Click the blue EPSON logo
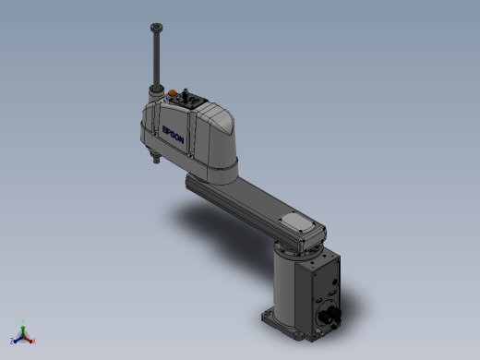(173, 135)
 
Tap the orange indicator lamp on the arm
(172, 92)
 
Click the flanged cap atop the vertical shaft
(157, 28)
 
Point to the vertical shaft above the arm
(157, 58)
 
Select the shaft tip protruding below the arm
(156, 159)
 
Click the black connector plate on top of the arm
(187, 100)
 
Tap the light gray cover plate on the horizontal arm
(296, 222)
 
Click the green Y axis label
(23, 321)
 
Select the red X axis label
(34, 341)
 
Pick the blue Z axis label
(12, 341)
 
